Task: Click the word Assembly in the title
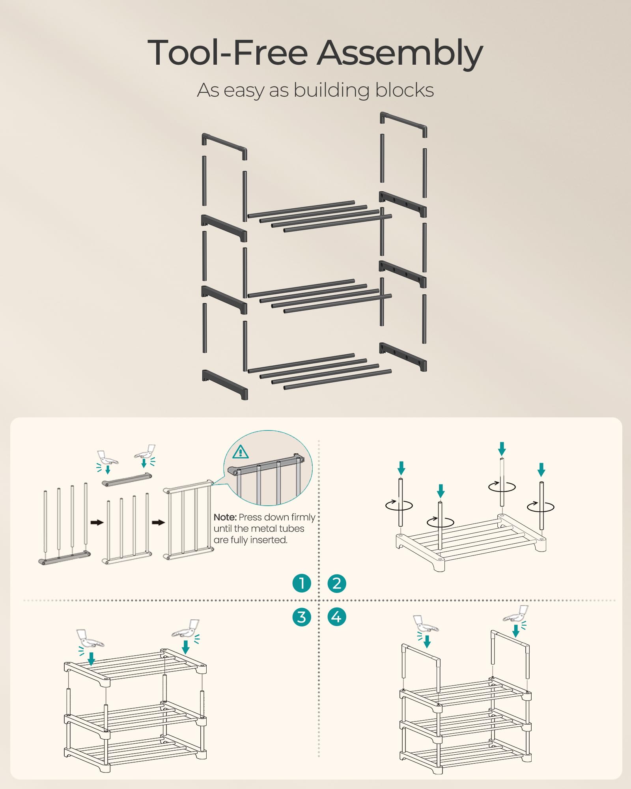(x=400, y=53)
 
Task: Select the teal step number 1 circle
(x=302, y=583)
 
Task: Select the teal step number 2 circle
(x=337, y=583)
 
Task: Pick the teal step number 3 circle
(x=302, y=617)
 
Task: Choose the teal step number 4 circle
(x=337, y=617)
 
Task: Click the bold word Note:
(x=225, y=517)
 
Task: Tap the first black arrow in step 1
(x=97, y=523)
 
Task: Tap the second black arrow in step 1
(x=158, y=523)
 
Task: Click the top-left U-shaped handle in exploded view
(x=224, y=146)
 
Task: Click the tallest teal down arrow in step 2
(x=502, y=449)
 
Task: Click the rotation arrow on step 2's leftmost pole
(x=399, y=505)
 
